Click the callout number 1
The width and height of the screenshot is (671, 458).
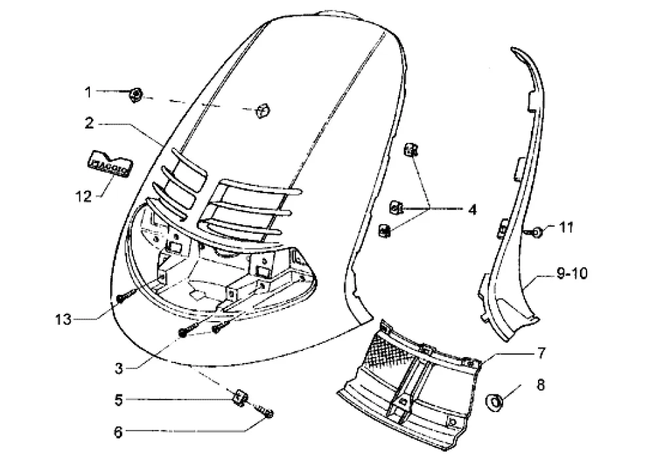click(89, 92)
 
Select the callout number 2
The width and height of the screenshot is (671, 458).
click(89, 123)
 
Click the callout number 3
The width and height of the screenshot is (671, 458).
click(118, 368)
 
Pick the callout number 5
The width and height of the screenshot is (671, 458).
click(119, 398)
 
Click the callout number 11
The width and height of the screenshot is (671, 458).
click(566, 227)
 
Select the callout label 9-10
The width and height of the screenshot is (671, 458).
click(571, 273)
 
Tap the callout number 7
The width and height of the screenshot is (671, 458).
click(541, 354)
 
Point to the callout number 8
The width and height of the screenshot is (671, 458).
click(541, 384)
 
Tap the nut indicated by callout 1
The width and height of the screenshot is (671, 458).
click(136, 96)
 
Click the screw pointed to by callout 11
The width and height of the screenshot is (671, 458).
click(535, 231)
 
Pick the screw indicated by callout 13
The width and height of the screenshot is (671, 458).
click(123, 298)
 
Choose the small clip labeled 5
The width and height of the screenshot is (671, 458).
click(240, 397)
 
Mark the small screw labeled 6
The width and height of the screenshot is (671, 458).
click(267, 412)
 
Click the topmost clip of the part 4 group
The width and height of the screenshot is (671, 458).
click(410, 151)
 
